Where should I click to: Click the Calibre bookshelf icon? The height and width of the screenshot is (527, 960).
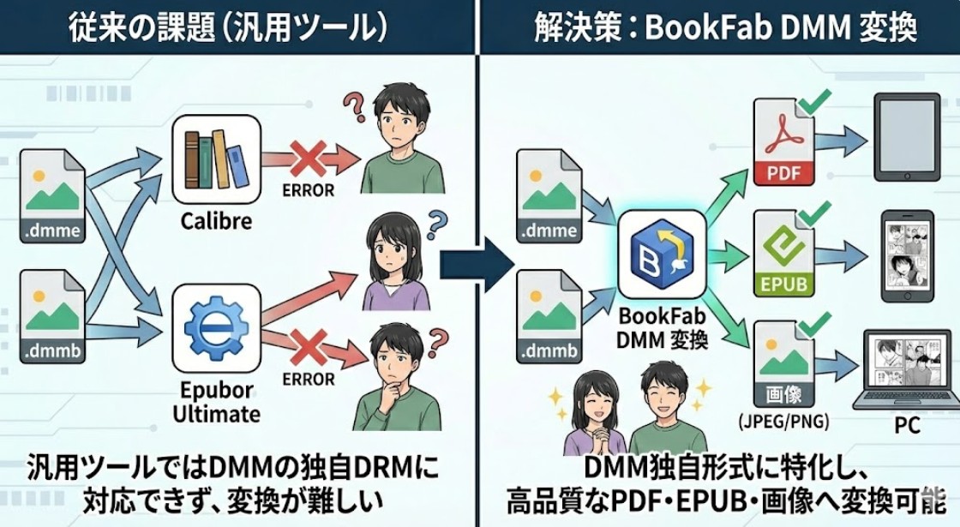tap(216, 158)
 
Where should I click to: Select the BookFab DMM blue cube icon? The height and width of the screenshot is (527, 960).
tap(662, 254)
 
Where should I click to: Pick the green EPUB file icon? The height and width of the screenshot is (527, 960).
tap(783, 255)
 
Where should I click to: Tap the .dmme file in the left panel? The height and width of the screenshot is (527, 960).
tap(52, 196)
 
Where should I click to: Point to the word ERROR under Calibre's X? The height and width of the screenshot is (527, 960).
tap(307, 190)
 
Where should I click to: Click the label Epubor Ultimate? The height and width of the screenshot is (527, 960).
tap(216, 402)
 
